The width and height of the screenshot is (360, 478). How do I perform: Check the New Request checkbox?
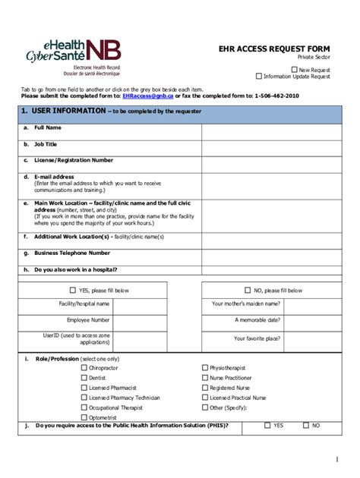coord(295,69)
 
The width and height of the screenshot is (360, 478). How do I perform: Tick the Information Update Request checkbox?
coord(259,76)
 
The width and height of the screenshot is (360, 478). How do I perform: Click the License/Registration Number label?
coord(73,160)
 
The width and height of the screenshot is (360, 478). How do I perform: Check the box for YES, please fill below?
coord(73,290)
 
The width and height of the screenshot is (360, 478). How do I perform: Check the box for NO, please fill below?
coord(248,290)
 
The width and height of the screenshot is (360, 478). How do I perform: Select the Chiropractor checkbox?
coord(84,368)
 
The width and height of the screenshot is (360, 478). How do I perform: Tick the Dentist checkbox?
coord(84,378)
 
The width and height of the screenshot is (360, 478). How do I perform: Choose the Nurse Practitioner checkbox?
coord(205,378)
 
